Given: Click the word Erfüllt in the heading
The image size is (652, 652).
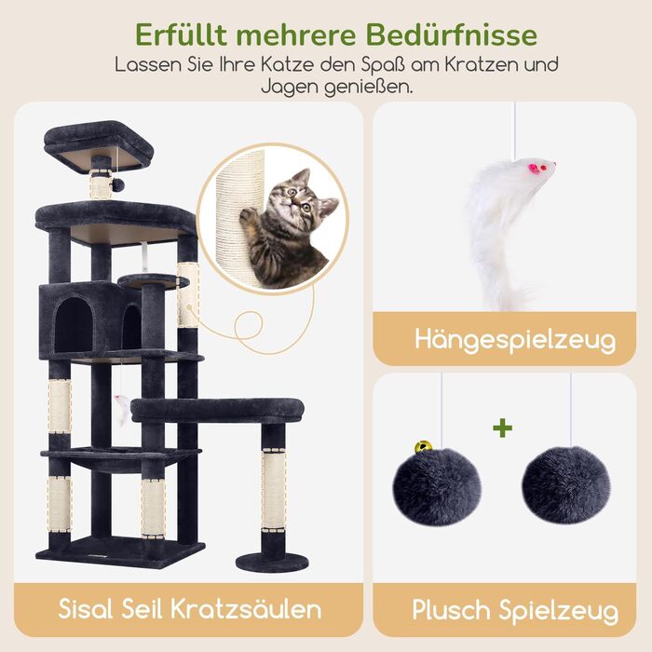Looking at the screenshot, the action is (x=181, y=34).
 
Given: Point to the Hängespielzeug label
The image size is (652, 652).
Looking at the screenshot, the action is (x=515, y=341).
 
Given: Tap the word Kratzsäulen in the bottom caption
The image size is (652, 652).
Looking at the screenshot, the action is (x=246, y=609).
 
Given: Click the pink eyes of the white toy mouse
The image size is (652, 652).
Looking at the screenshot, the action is (x=536, y=168).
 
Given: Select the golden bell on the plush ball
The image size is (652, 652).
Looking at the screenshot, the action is (x=423, y=447).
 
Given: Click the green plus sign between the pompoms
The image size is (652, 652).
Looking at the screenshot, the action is (x=502, y=428).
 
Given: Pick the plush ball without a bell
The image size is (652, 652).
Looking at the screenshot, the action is (x=565, y=484).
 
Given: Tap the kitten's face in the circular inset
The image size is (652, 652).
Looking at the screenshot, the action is (x=300, y=198).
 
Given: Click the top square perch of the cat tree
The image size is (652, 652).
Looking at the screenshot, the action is (x=99, y=145).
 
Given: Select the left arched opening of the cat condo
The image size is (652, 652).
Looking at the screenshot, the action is (x=74, y=324).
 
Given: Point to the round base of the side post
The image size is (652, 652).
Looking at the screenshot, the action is (x=272, y=562).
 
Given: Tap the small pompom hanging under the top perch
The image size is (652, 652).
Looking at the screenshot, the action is (x=118, y=185).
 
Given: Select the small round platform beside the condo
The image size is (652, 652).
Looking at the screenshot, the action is (x=154, y=281).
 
